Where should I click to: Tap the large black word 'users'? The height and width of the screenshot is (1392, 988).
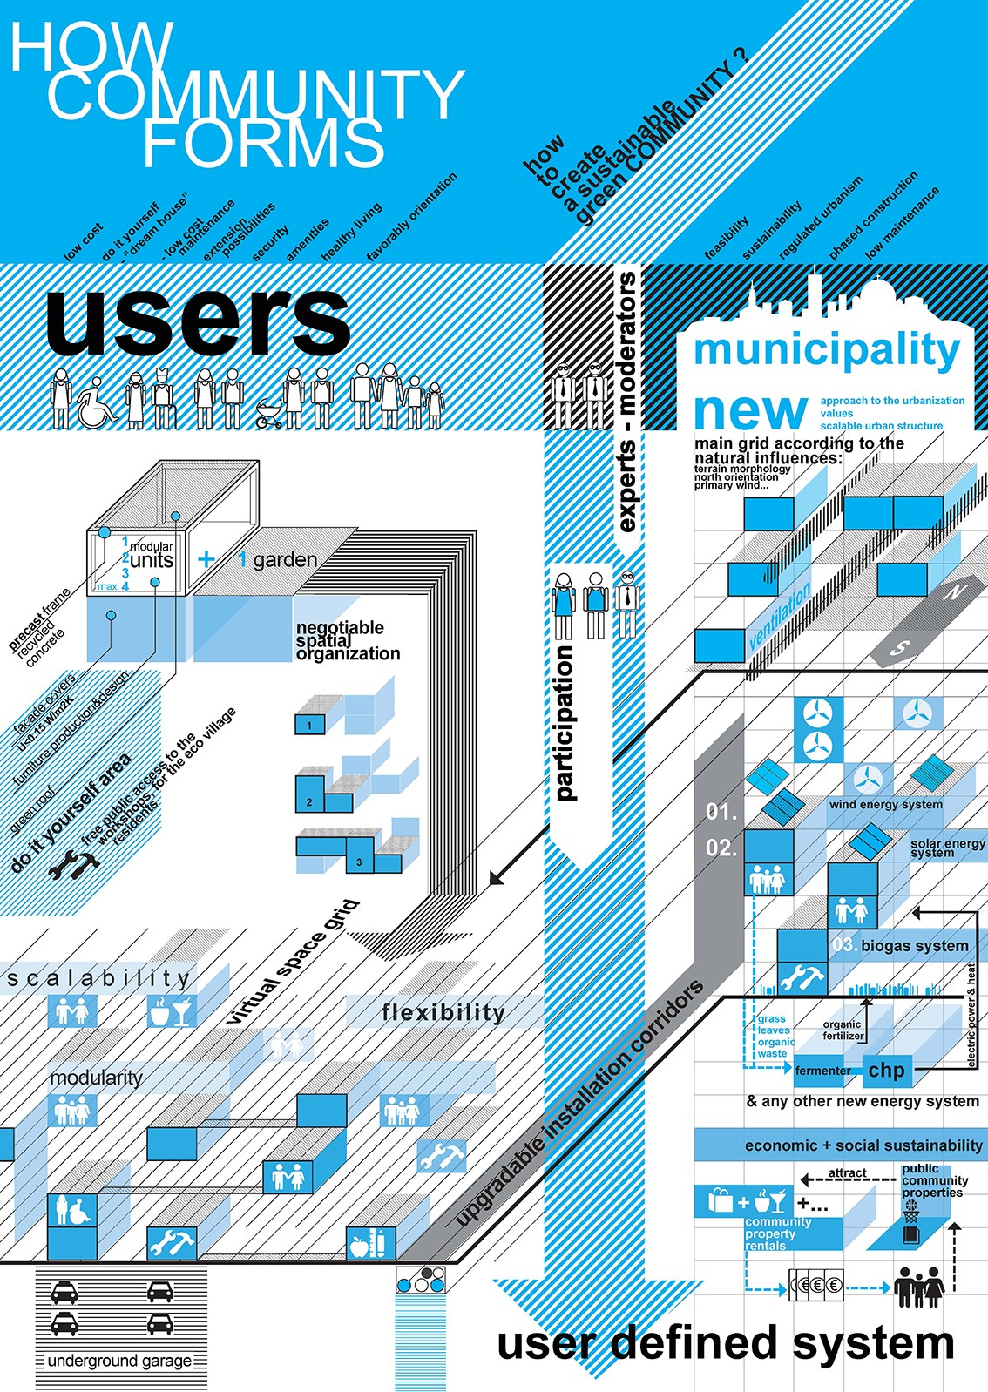point(199,320)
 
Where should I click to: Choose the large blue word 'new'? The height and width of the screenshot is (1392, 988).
point(750,410)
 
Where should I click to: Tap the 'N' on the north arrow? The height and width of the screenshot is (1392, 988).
point(955,592)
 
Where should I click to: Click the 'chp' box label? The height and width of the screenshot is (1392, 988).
point(886,1071)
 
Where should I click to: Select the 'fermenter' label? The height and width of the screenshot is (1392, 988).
point(822,1071)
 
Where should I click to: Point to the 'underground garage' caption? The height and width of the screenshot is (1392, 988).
point(119,1361)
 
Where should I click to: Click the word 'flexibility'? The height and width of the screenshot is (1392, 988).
point(443,1012)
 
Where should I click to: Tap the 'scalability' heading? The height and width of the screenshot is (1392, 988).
point(98,979)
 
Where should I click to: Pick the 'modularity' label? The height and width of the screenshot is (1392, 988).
point(96,1078)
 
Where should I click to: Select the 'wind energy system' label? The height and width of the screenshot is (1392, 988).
point(885,805)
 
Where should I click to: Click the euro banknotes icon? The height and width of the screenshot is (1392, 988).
point(816,1285)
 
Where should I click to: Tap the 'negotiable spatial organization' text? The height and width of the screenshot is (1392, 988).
point(348,640)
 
